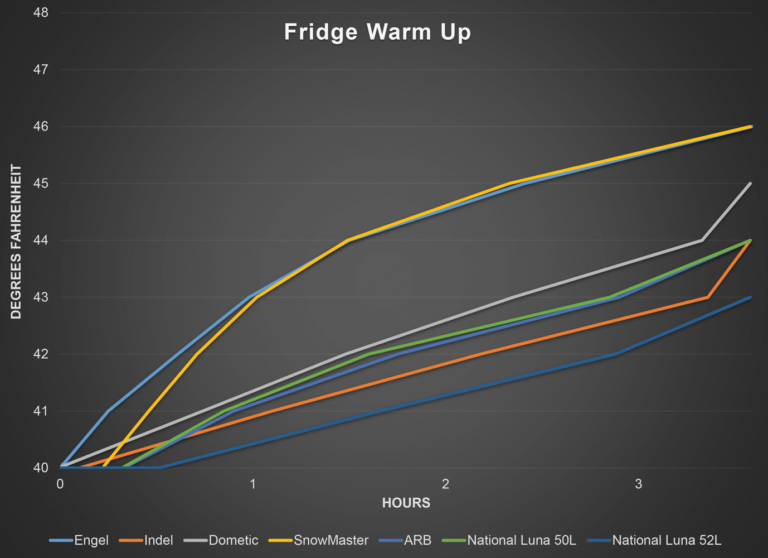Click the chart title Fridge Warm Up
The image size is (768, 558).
pyautogui.click(x=377, y=32)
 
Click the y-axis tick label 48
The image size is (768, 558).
pyautogui.click(x=41, y=13)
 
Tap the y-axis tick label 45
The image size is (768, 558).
pyautogui.click(x=41, y=184)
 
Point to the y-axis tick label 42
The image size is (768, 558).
pyautogui.click(x=41, y=354)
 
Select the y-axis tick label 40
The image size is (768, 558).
pyautogui.click(x=41, y=468)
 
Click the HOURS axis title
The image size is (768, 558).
pyautogui.click(x=406, y=503)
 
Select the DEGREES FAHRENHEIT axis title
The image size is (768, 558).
pyautogui.click(x=16, y=241)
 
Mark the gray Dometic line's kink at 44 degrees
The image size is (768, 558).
pyautogui.click(x=702, y=240)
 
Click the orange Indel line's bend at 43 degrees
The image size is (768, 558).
pyautogui.click(x=707, y=297)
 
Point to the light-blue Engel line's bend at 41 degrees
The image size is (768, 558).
pyautogui.click(x=108, y=411)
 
